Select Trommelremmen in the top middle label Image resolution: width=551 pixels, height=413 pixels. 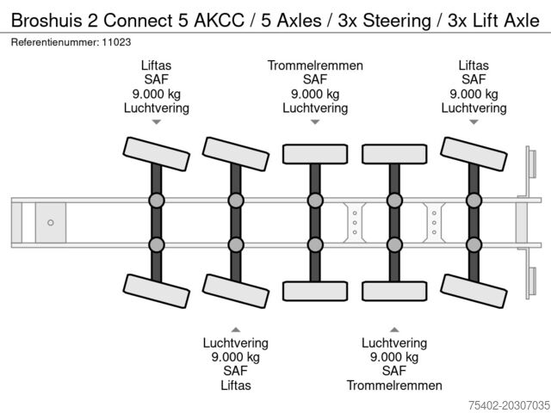click(x=315, y=65)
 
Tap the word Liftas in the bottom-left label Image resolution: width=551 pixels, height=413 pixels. click(x=235, y=385)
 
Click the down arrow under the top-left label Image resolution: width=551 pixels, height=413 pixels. click(x=156, y=122)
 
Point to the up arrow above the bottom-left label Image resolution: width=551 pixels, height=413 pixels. click(x=235, y=329)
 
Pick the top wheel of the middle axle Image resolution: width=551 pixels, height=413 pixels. click(x=314, y=153)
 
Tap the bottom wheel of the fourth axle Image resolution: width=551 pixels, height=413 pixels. click(x=394, y=290)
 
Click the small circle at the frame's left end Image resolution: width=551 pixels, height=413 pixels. click(x=51, y=223)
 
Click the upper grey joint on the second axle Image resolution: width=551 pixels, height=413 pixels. click(x=235, y=201)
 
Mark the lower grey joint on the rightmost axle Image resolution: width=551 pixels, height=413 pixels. click(x=474, y=244)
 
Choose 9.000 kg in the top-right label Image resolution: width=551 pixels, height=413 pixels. click(x=474, y=94)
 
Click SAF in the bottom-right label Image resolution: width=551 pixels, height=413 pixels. click(x=394, y=371)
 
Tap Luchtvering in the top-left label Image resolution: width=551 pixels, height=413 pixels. click(x=156, y=108)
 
